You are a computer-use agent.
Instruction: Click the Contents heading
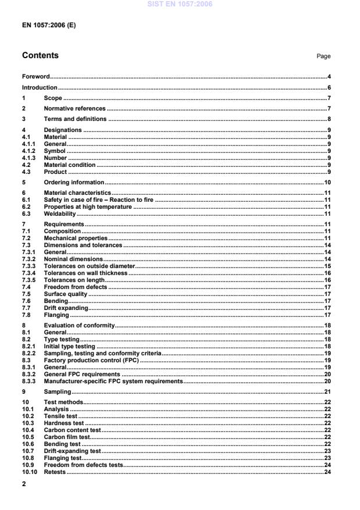(40, 56)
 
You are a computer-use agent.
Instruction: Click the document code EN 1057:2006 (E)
(49, 26)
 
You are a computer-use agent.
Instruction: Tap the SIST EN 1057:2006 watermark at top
(180, 4)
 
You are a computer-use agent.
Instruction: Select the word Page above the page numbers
(323, 56)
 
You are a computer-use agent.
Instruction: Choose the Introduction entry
(40, 87)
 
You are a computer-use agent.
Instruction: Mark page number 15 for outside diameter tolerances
(327, 266)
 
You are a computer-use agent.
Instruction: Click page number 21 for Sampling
(327, 392)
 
